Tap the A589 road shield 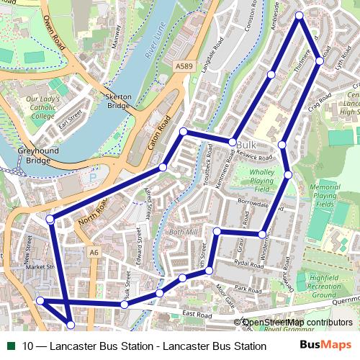click(x=184, y=66)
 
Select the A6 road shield click(x=94, y=252)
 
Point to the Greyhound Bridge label click(x=33, y=156)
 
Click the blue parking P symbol click(x=92, y=176)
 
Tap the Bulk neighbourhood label click(x=246, y=145)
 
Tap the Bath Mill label click(x=182, y=233)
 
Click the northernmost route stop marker click(x=300, y=15)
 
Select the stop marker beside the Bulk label click(x=233, y=142)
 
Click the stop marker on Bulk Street click(x=125, y=305)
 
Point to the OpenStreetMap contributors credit click(x=297, y=323)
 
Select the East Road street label click(x=197, y=315)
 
